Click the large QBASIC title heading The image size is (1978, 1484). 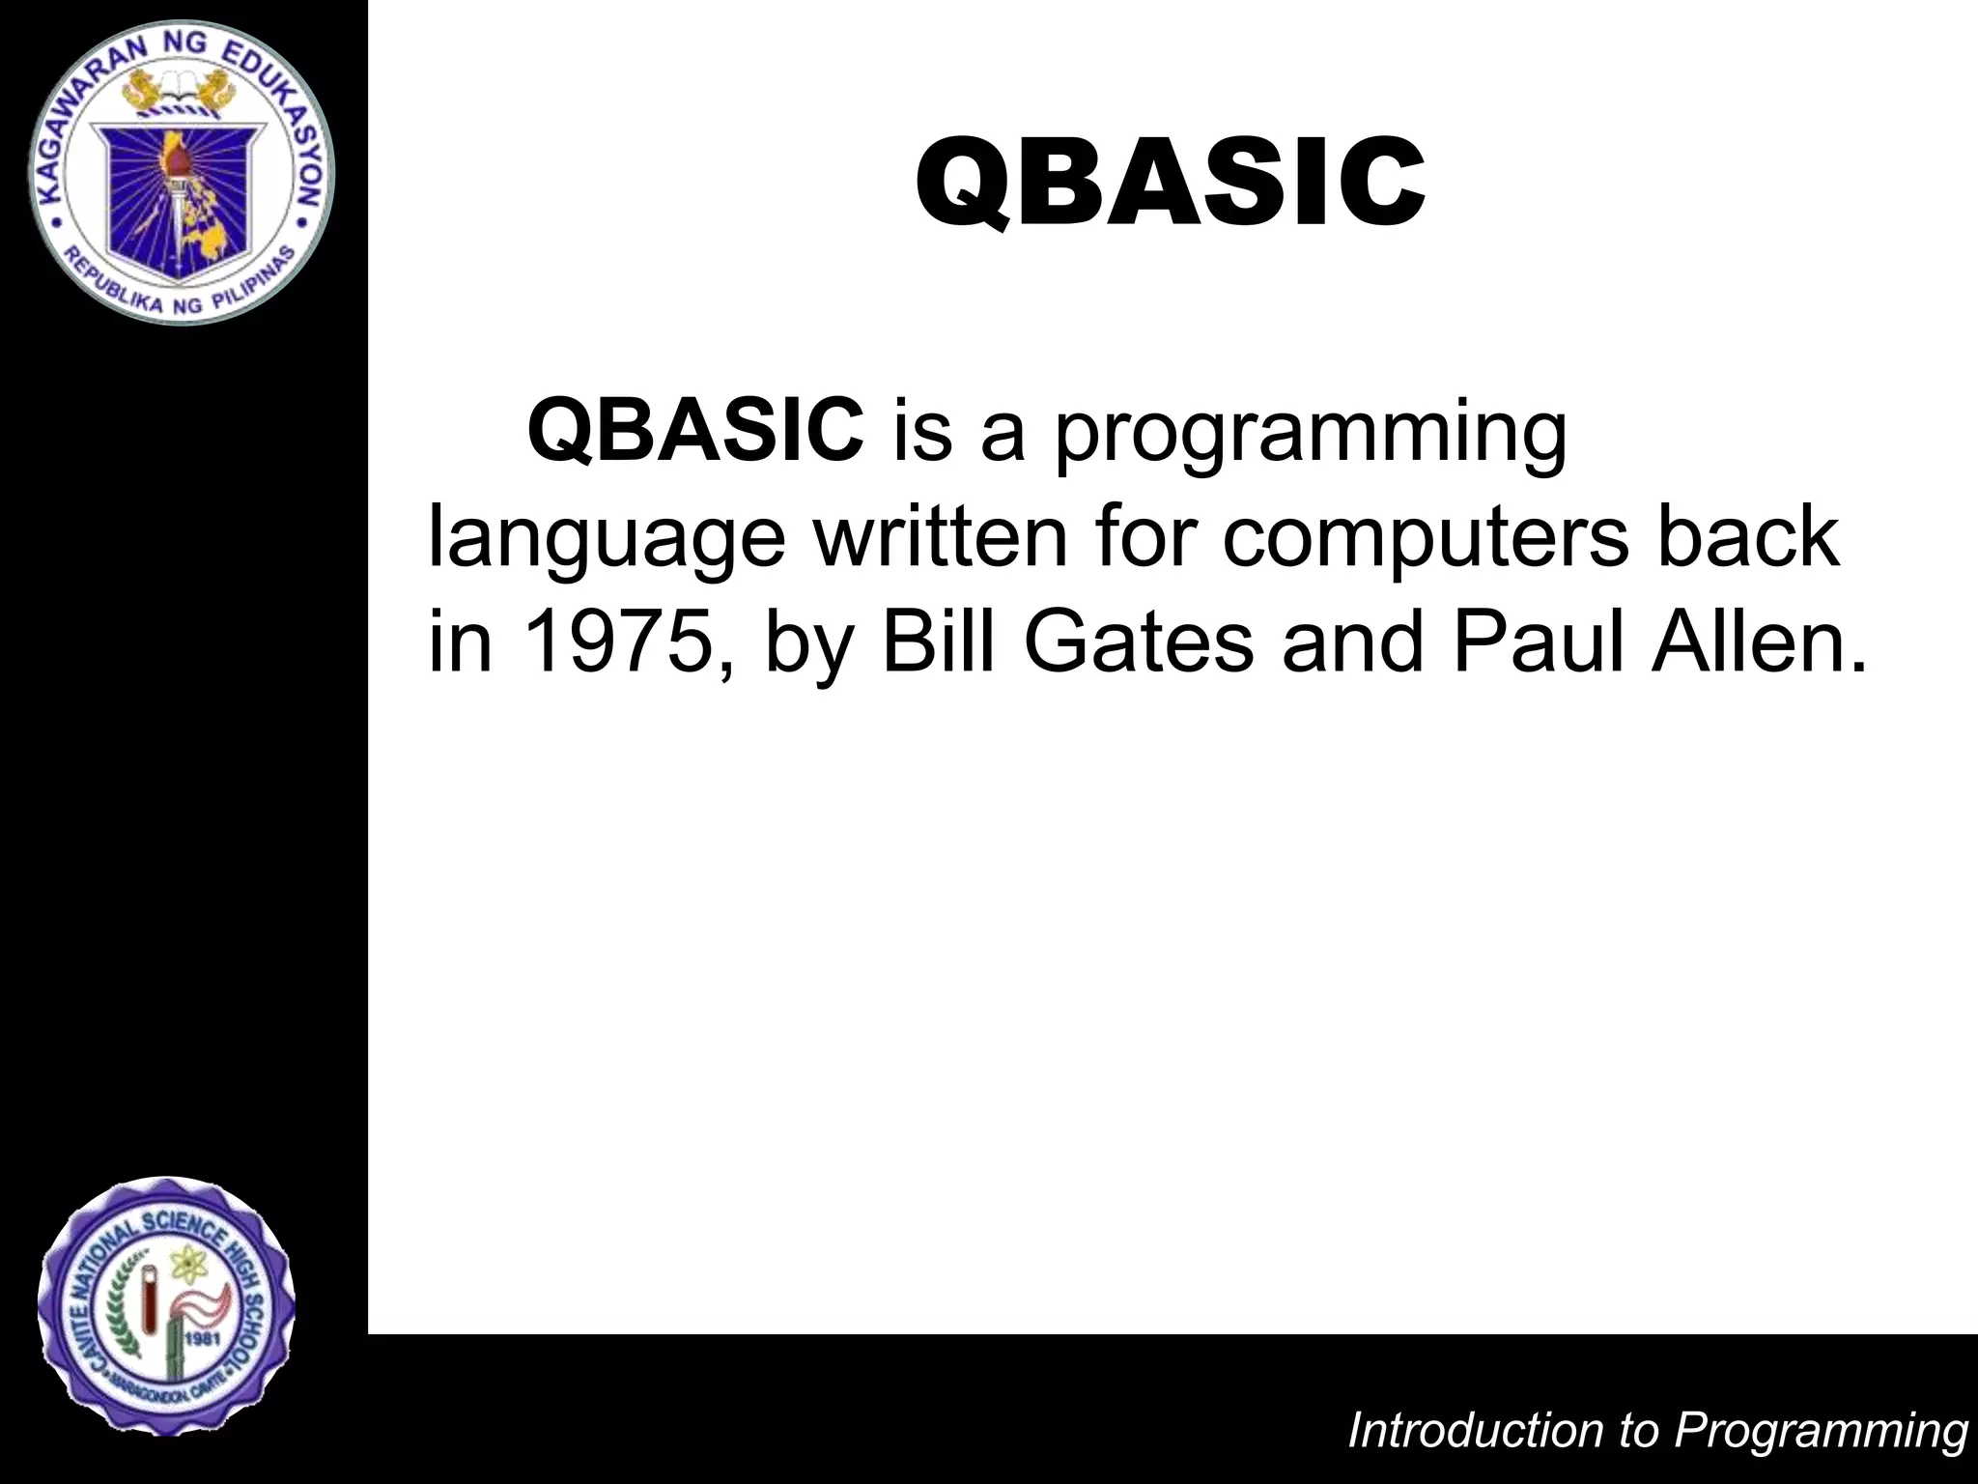click(1170, 184)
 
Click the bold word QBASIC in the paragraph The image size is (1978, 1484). click(695, 430)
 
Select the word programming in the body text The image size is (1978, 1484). click(1310, 435)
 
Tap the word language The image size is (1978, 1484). click(607, 539)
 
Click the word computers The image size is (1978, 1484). click(1425, 539)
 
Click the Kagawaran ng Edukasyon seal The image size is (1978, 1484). click(181, 171)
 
